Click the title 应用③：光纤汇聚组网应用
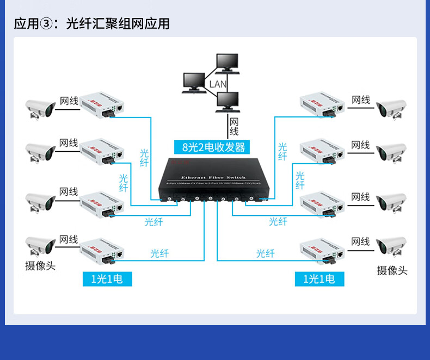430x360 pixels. (91, 23)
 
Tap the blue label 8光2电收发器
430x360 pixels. (213, 147)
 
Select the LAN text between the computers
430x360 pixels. (217, 84)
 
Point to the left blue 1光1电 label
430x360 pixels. (107, 279)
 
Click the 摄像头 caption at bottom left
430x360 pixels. (40, 266)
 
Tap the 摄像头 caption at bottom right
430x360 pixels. (392, 270)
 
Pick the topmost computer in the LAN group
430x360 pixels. (226, 62)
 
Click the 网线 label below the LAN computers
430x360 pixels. (234, 127)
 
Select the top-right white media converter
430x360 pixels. (323, 105)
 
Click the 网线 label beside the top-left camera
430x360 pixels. (69, 101)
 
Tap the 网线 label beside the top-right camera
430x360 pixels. (360, 100)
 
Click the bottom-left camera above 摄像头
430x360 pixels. (41, 246)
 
